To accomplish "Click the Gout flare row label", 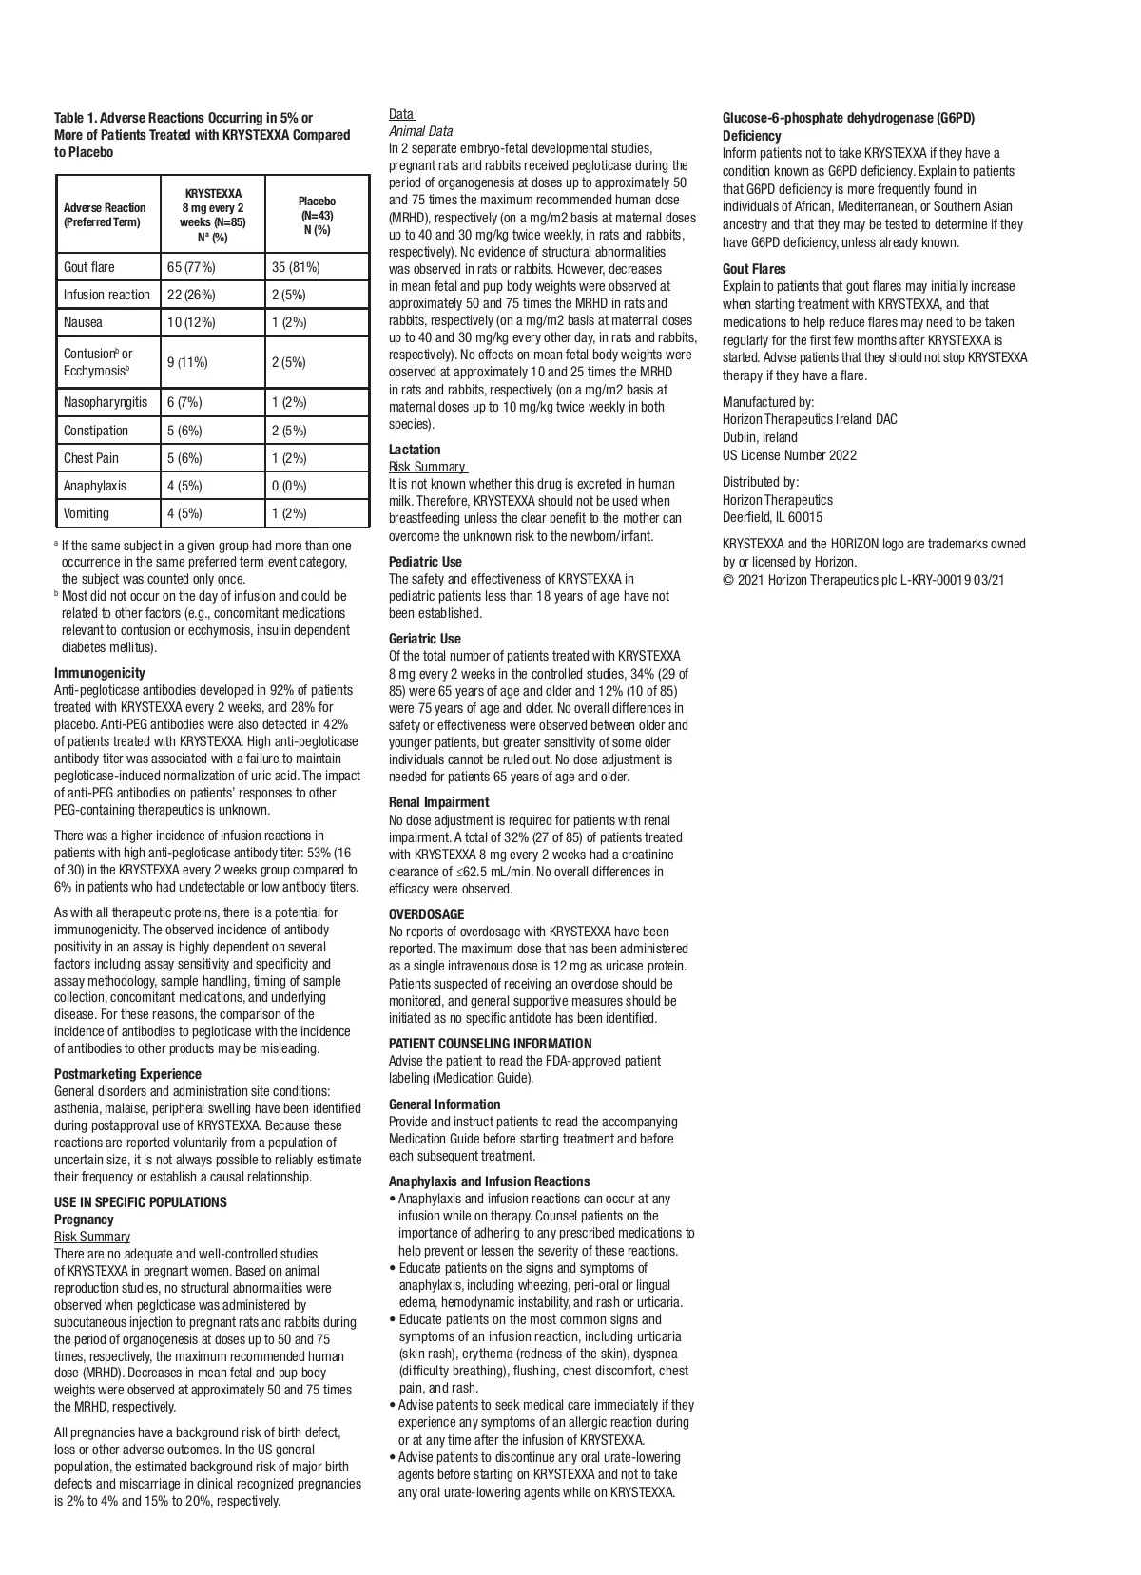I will pos(88,267).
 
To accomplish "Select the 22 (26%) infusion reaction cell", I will pos(191,295).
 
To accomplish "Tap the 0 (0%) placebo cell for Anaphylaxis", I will pos(289,486).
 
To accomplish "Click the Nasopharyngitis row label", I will pos(106,402).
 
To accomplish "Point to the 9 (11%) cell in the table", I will pos(187,362).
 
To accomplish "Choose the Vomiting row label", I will pos(87,513).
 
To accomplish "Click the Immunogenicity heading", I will pos(100,673).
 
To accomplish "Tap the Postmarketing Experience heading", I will pos(127,1074).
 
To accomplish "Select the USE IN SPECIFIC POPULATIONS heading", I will pos(141,1202).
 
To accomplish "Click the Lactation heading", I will pos(415,450).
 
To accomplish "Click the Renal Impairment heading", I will pos(438,802).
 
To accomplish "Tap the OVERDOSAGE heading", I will pos(426,914).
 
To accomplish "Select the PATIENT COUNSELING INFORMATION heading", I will pos(490,1044).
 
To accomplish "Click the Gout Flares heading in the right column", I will pos(754,269).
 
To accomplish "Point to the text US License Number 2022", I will pos(789,455).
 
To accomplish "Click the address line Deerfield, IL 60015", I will pos(772,517).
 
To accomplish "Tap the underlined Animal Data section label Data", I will pos(400,114).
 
